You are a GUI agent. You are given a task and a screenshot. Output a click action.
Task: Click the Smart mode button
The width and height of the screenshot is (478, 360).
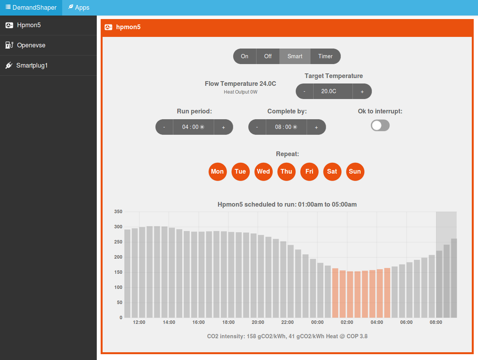[295, 56]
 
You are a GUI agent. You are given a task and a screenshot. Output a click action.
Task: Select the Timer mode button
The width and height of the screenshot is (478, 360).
[325, 56]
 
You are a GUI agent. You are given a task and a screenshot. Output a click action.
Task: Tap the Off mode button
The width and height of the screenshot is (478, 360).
[268, 56]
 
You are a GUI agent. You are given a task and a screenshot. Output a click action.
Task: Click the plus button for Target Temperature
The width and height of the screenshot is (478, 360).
[362, 92]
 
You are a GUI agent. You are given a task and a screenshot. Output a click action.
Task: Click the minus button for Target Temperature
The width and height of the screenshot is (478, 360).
[305, 92]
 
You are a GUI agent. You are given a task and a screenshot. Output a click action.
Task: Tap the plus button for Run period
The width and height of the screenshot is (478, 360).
[223, 127]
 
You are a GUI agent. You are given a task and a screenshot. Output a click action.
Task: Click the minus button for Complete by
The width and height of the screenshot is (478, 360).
[257, 127]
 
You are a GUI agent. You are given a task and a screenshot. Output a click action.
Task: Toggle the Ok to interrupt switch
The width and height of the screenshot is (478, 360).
[380, 125]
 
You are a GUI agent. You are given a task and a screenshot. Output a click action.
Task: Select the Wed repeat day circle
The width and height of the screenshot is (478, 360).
[263, 172]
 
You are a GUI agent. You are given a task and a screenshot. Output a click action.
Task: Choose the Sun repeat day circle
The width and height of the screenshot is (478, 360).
[355, 172]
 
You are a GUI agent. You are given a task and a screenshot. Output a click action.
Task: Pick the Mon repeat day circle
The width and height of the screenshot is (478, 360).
[217, 172]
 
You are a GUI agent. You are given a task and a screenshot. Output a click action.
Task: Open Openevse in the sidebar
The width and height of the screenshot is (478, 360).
[31, 45]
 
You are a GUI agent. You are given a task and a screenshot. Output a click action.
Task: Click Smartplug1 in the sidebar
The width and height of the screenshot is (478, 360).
[32, 66]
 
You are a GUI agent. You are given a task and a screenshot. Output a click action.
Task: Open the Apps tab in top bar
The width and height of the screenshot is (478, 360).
[79, 8]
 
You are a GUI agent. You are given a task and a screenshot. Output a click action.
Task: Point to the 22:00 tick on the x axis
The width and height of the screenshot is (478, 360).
[288, 322]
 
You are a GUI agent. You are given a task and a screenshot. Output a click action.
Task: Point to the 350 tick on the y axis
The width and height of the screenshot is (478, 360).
[118, 212]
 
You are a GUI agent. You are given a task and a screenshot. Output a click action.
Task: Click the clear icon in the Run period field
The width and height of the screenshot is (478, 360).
[202, 127]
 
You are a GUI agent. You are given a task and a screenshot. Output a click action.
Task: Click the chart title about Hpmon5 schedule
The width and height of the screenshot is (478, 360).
[287, 204]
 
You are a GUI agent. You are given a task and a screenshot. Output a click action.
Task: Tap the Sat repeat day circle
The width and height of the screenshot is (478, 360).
[332, 172]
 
